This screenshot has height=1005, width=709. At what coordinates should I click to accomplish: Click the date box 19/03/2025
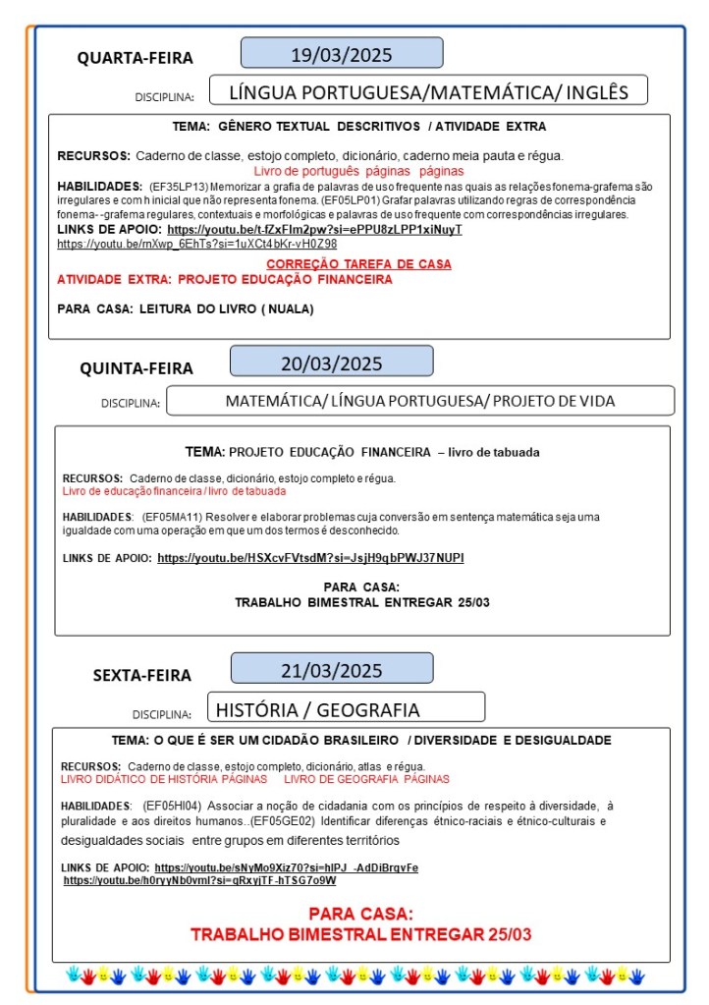point(342,53)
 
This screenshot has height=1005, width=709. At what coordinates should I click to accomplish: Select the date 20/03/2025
point(331,362)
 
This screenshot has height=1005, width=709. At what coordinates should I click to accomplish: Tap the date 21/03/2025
point(331,669)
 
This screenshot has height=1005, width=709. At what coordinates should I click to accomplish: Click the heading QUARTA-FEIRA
point(136,58)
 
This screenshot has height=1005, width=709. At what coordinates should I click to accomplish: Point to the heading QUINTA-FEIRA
point(136,368)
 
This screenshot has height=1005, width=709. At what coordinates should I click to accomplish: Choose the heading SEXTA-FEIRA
point(141,675)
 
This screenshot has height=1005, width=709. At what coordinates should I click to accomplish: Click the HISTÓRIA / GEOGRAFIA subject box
point(346,708)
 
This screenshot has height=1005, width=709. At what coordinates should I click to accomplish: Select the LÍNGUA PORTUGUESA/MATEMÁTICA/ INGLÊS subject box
point(428,91)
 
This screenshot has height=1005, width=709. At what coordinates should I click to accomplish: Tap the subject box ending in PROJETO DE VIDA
point(420,401)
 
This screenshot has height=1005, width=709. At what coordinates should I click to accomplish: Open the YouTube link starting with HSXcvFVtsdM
point(310,558)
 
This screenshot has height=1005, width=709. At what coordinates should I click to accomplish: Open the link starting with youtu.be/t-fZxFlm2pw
point(314,229)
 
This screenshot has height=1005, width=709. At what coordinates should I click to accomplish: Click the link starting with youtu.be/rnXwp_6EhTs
point(196,243)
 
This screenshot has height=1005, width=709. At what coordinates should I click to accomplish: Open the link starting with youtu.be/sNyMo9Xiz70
point(286,867)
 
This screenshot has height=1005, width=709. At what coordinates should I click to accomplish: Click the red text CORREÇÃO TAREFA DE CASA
point(358,264)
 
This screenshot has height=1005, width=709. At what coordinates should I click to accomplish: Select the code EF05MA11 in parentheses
point(173,517)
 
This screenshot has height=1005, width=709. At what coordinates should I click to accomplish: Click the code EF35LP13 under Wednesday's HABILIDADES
point(173,186)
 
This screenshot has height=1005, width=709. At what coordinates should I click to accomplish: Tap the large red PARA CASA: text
point(360,914)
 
